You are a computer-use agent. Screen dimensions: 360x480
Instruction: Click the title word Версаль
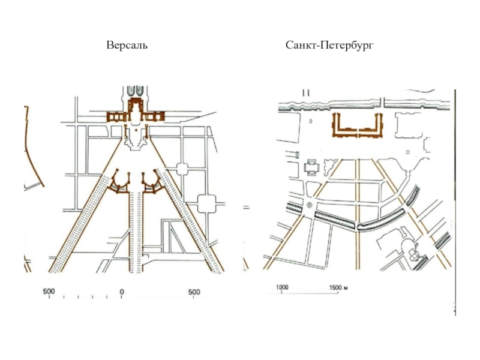(127, 46)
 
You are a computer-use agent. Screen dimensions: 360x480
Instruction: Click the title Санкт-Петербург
(329, 46)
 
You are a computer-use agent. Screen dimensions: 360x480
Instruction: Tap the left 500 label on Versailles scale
(49, 292)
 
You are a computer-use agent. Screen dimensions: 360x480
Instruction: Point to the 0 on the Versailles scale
(122, 292)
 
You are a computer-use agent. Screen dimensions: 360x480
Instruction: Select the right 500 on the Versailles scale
(194, 292)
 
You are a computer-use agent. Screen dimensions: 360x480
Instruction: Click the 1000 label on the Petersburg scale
(283, 287)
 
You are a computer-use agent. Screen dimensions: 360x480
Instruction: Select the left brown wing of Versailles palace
(116, 116)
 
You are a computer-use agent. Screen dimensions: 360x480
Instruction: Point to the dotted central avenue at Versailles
(136, 234)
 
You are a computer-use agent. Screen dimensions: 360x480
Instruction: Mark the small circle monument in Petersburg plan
(309, 205)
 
